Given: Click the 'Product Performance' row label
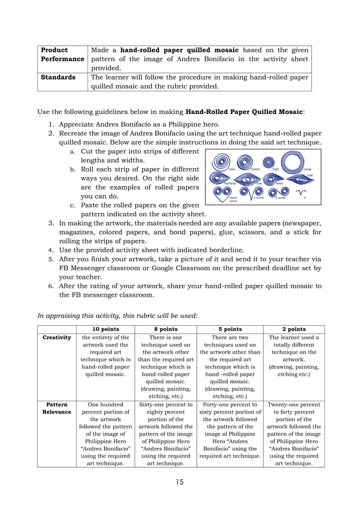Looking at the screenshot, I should pyautogui.click(x=62, y=54).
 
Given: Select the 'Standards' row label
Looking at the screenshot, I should pyautogui.click(x=58, y=77).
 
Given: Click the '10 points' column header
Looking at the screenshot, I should pyautogui.click(x=105, y=329).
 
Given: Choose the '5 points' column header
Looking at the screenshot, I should pyautogui.click(x=230, y=329).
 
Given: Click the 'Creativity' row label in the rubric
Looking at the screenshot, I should pyautogui.click(x=57, y=337).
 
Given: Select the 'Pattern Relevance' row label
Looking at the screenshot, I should pyautogui.click(x=57, y=409).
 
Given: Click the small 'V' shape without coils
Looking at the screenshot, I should pyautogui.click(x=305, y=192).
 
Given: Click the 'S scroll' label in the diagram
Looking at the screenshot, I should pyautogui.click(x=280, y=198).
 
